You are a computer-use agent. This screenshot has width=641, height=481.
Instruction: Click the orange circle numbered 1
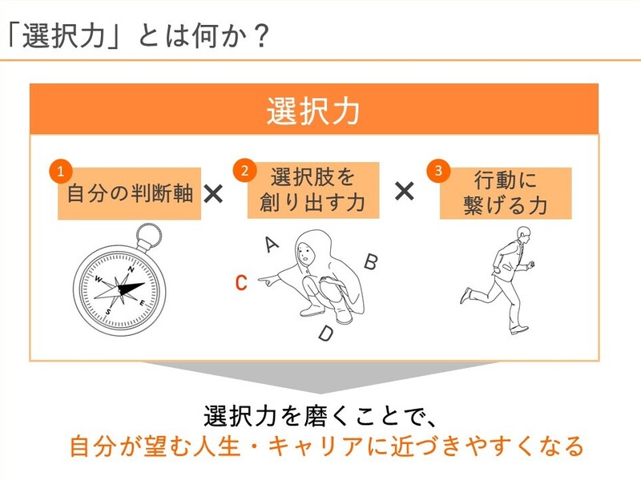(x=61, y=171)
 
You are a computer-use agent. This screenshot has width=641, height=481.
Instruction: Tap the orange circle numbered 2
(x=244, y=171)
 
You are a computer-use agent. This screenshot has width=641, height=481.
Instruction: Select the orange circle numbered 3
(x=438, y=171)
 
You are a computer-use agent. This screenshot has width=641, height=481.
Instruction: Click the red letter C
(x=241, y=282)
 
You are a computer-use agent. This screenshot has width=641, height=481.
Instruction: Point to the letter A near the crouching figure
(x=272, y=245)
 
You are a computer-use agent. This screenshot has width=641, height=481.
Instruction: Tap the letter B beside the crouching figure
(x=371, y=261)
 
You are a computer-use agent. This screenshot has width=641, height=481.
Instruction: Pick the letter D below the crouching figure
(x=326, y=333)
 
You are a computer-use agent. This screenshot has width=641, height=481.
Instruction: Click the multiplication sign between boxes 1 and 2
(x=213, y=193)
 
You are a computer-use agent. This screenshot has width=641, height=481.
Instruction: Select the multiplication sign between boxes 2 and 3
(x=405, y=191)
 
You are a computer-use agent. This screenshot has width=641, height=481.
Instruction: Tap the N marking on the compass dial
(x=131, y=269)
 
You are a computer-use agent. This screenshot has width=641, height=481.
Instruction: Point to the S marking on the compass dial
(x=108, y=312)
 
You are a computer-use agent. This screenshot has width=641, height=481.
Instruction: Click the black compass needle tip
(x=144, y=284)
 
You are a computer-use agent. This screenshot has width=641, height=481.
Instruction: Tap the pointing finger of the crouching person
(x=262, y=280)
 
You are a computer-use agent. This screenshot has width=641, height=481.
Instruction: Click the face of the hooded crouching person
(x=304, y=253)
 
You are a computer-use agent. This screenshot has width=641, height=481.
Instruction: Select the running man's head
(x=524, y=235)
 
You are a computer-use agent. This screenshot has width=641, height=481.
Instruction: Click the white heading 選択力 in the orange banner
(x=313, y=111)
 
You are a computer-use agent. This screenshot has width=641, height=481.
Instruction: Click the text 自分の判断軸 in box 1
(x=130, y=193)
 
